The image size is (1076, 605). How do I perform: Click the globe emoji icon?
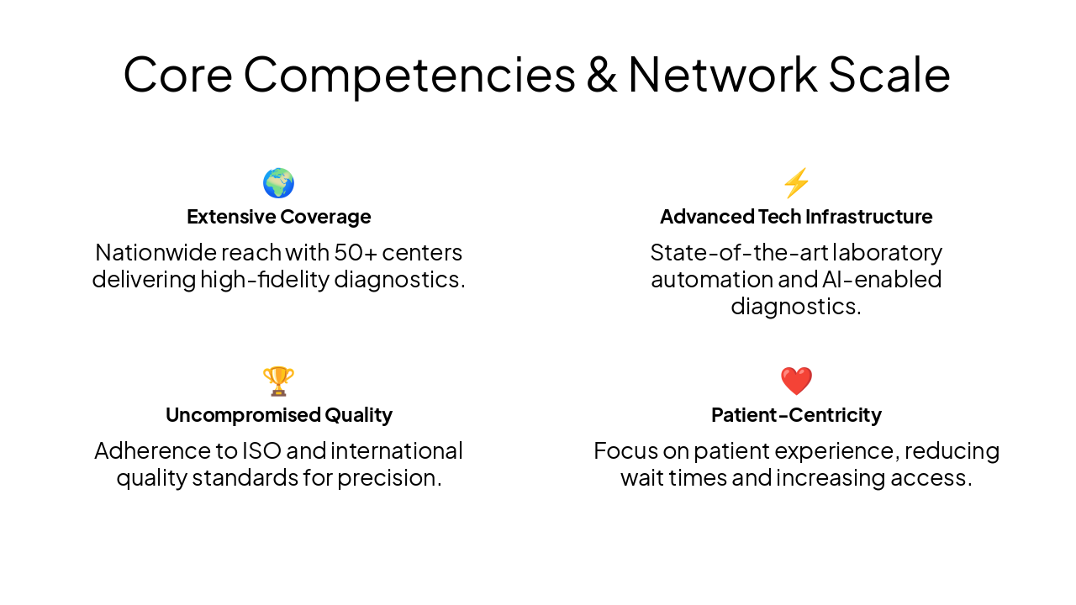[278, 183]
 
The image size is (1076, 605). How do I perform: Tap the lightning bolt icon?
[796, 183]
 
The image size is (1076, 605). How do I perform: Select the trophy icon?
[278, 381]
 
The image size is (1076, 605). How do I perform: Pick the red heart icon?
[796, 381]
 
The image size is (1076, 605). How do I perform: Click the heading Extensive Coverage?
[278, 217]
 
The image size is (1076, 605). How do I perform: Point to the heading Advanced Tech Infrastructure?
[796, 217]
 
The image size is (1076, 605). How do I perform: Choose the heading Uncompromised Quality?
[278, 415]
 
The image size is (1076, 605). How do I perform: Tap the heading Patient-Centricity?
[796, 415]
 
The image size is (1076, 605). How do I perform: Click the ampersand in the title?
[601, 74]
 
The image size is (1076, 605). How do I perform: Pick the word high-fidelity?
[265, 279]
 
